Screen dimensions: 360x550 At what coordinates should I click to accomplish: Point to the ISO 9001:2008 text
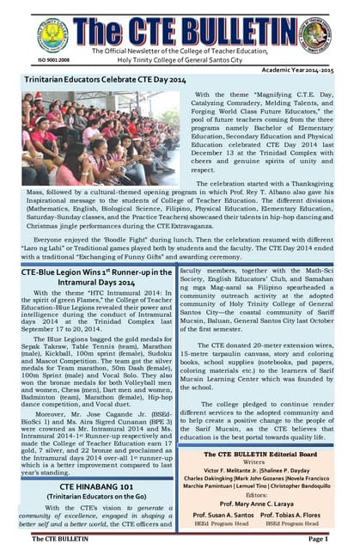(29, 60)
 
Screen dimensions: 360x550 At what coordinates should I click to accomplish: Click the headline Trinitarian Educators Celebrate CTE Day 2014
(106, 79)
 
